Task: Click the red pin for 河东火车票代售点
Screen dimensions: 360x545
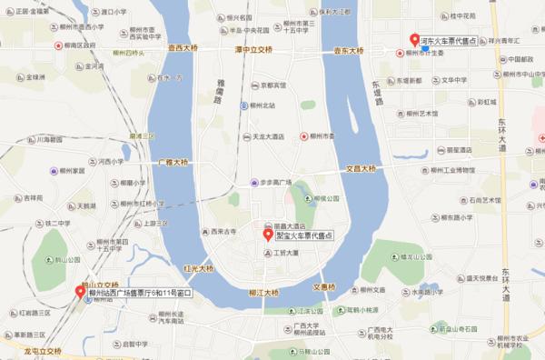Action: point(414,41)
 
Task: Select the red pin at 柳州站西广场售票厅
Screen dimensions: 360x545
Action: point(78,293)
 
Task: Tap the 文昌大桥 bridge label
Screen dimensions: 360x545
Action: point(366,168)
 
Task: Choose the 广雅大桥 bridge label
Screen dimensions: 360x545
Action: point(173,160)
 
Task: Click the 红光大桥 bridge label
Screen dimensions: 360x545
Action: point(198,269)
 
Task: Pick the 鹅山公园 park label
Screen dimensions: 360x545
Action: point(66,259)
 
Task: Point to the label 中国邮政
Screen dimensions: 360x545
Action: point(520,60)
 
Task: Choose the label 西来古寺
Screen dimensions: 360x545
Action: point(223,232)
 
